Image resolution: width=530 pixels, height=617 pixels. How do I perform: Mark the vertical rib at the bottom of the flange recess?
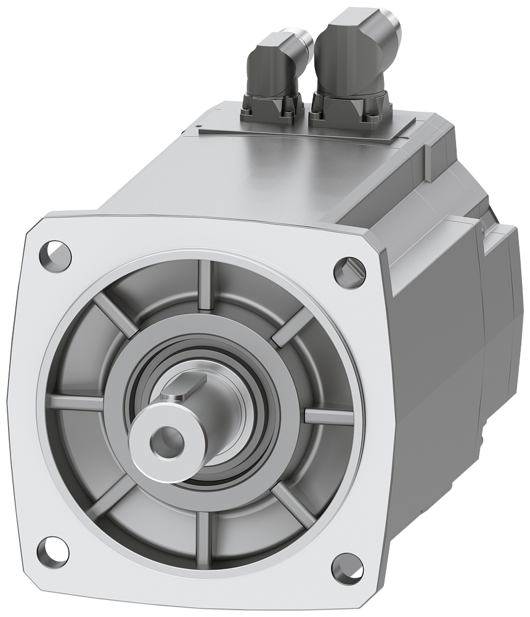tap(203, 531)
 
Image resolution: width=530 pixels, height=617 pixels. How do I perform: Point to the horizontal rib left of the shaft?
tap(77, 402)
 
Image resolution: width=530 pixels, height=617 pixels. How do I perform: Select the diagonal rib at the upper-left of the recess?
tap(115, 315)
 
